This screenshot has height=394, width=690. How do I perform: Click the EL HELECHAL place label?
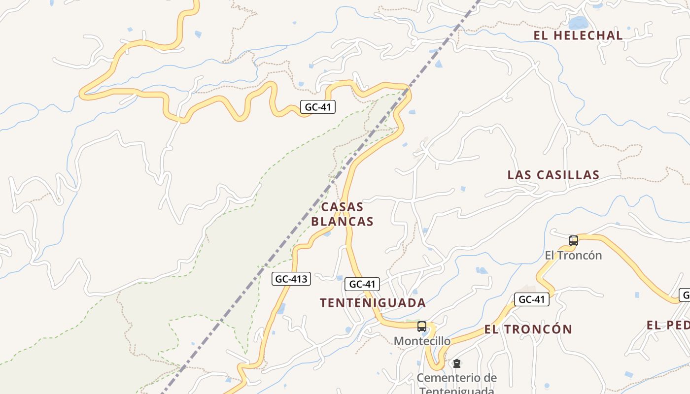click(x=578, y=35)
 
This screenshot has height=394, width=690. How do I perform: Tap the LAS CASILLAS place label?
click(x=553, y=175)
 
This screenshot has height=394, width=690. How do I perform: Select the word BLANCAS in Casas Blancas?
click(x=342, y=222)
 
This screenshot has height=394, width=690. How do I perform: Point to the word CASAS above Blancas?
click(x=342, y=207)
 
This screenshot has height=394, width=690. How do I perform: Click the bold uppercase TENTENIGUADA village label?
click(x=373, y=302)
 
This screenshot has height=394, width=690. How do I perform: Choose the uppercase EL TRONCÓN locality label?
click(x=528, y=329)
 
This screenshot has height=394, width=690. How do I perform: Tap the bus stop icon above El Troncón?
click(x=573, y=241)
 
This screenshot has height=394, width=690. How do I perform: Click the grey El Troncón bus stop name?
click(x=573, y=255)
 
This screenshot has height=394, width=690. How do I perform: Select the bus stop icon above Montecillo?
click(x=421, y=326)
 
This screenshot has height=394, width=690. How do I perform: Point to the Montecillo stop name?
click(x=422, y=341)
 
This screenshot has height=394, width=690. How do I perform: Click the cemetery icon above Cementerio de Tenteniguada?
click(x=457, y=364)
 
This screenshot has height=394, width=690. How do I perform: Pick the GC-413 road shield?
click(x=291, y=279)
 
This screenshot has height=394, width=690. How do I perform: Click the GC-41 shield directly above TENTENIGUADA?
click(x=362, y=284)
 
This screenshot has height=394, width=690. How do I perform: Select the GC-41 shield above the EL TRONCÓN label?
click(x=531, y=299)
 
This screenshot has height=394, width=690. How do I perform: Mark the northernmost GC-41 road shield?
click(x=318, y=107)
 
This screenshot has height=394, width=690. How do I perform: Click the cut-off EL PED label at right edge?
click(x=668, y=325)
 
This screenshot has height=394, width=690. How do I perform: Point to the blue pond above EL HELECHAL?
click(x=578, y=22)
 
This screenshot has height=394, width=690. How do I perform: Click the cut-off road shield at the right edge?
click(x=685, y=295)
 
